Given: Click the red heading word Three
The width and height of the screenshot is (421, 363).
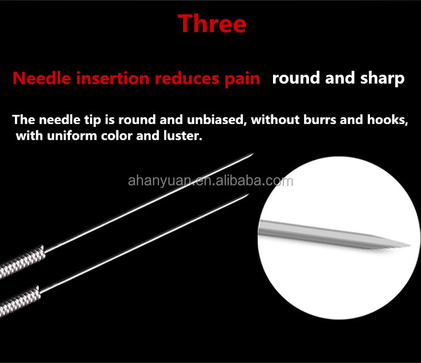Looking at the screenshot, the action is pyautogui.click(x=212, y=24).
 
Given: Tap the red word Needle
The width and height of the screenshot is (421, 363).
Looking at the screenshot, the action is pyautogui.click(x=42, y=79).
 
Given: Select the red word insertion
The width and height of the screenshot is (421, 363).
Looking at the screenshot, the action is pyautogui.click(x=113, y=79).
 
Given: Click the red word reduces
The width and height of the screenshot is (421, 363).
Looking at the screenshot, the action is pyautogui.click(x=187, y=79).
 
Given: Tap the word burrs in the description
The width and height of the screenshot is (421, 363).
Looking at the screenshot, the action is pyautogui.click(x=319, y=119).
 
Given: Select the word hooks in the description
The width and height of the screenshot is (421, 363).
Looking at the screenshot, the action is pyautogui.click(x=387, y=119).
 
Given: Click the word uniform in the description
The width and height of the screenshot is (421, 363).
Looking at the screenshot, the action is pyautogui.click(x=72, y=136).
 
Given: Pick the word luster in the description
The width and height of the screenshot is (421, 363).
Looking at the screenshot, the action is pyautogui.click(x=182, y=136).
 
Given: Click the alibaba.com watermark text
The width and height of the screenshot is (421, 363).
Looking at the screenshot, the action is pyautogui.click(x=210, y=181).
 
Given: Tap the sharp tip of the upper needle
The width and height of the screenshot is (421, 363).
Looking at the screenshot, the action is pyautogui.click(x=253, y=153).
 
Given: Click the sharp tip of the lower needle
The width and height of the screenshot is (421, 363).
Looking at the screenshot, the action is pyautogui.click(x=249, y=194).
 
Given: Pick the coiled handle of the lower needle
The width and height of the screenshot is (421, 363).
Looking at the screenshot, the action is pyautogui.click(x=20, y=301).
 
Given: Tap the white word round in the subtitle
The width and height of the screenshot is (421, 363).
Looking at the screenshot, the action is pyautogui.click(x=296, y=78).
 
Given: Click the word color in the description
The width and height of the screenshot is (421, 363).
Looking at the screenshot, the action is pyautogui.click(x=116, y=136).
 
